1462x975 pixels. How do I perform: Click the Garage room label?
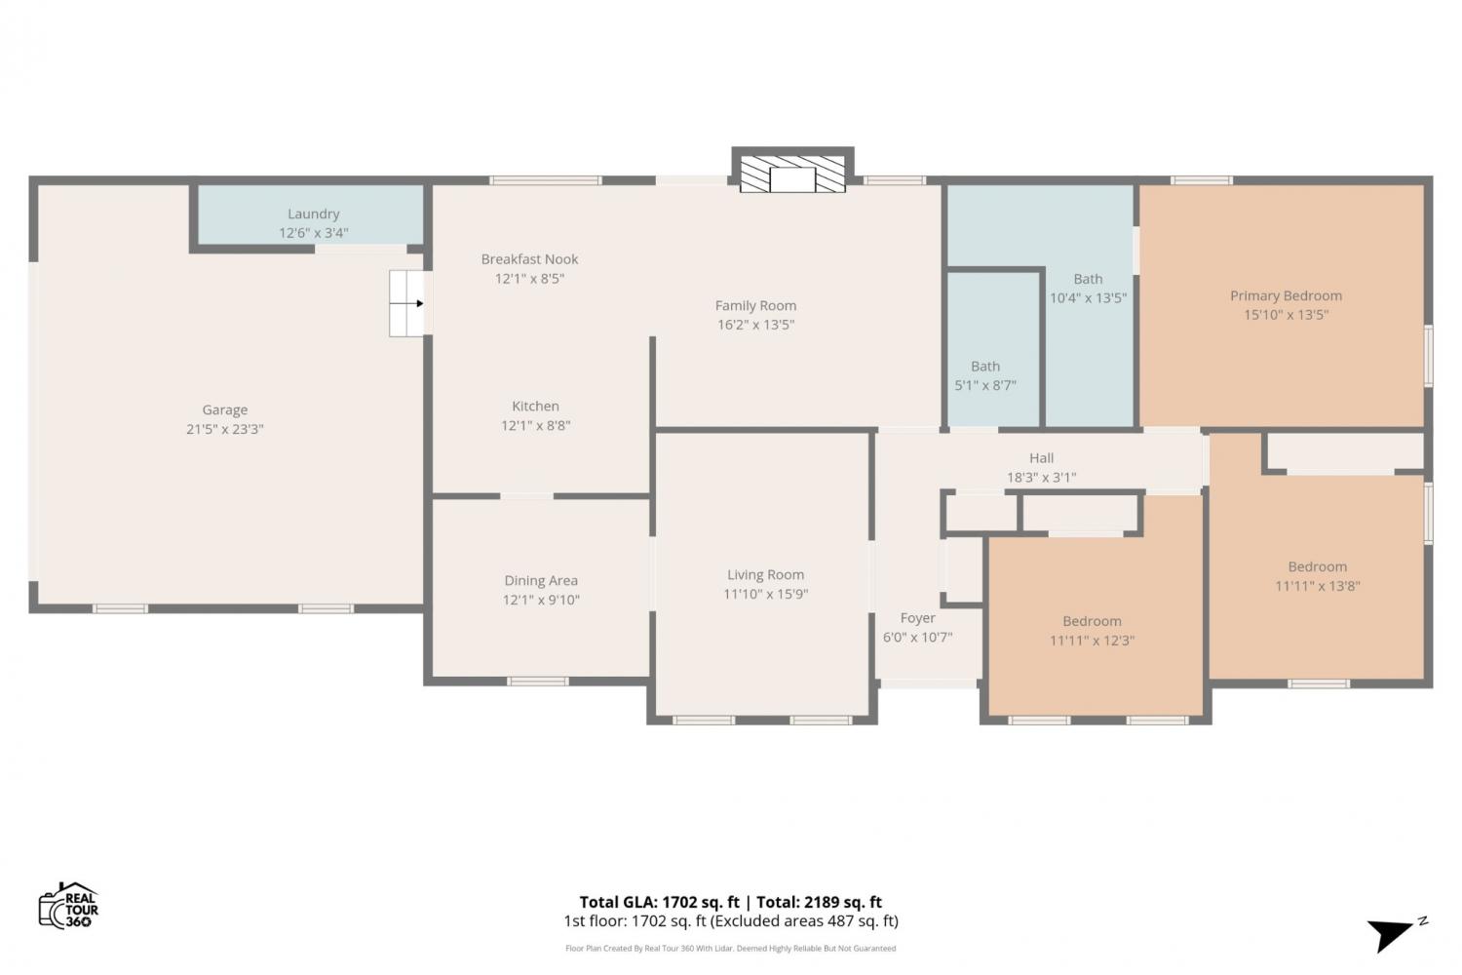(224, 409)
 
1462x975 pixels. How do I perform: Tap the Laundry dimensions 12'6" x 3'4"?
(313, 232)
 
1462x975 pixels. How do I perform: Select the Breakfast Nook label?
(529, 259)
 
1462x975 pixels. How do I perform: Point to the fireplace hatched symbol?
(792, 174)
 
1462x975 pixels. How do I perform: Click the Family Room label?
(755, 305)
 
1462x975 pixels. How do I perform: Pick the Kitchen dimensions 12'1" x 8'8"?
(535, 426)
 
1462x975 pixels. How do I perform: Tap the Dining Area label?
(540, 580)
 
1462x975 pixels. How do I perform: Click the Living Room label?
(765, 574)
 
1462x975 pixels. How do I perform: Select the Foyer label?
(917, 618)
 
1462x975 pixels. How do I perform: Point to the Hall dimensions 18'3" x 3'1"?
(1041, 478)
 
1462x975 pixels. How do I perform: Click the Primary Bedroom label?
(1286, 295)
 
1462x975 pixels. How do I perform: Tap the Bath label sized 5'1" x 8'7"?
(984, 367)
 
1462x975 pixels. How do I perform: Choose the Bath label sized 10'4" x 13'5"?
(1088, 279)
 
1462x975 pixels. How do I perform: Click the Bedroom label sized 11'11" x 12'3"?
(1092, 621)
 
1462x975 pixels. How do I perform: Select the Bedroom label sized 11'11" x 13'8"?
(1317, 566)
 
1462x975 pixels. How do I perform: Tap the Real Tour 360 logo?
(68, 905)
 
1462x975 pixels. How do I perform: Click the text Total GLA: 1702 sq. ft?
(659, 902)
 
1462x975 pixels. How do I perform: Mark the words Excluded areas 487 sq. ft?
(803, 921)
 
